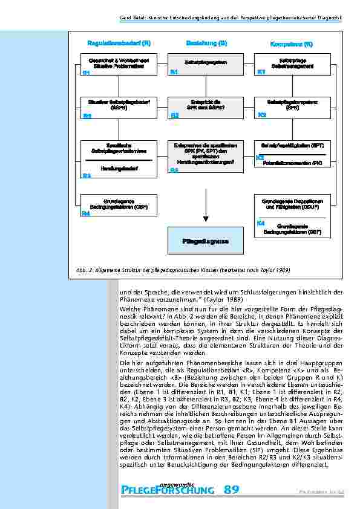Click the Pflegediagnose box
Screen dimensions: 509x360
pos(205,241)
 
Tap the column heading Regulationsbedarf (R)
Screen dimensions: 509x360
pos(119,44)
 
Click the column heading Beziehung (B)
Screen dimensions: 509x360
pos(206,44)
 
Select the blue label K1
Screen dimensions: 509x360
pos(261,73)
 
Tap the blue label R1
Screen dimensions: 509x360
pos(86,73)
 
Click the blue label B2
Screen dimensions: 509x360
pos(174,115)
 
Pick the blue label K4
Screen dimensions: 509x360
pos(261,223)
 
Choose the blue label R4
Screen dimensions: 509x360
pos(86,213)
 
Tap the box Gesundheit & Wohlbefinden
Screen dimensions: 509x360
pos(119,63)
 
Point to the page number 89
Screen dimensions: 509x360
pos(231,489)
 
